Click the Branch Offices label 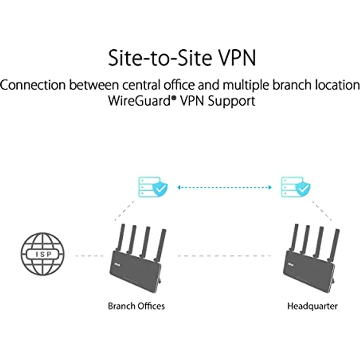click(136, 306)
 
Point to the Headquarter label click(312, 306)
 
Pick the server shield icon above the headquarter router click(296, 186)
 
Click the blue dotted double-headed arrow click(224, 186)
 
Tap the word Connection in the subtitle click(33, 85)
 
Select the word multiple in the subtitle click(244, 85)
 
